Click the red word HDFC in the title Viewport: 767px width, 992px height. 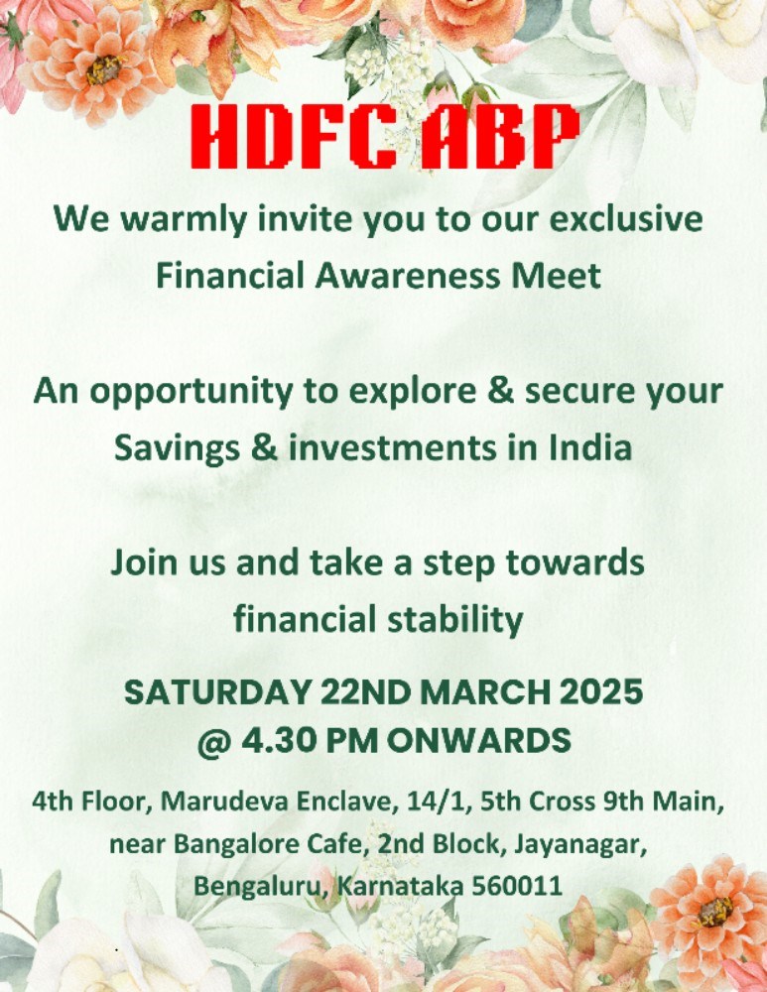294,136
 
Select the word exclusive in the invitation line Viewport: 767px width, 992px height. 626,219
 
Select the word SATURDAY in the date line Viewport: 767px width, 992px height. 217,692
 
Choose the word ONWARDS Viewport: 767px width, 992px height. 478,740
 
